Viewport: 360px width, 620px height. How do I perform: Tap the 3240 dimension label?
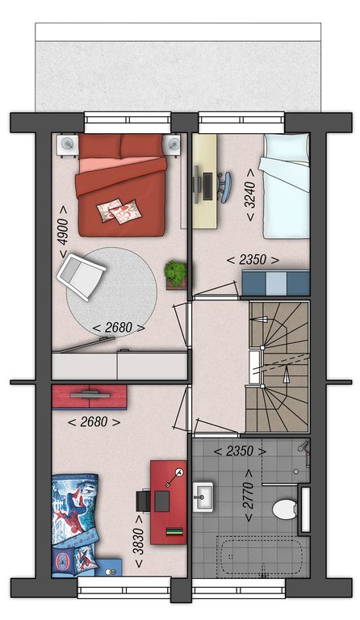(250, 195)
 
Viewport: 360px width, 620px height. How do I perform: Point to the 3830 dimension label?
(139, 542)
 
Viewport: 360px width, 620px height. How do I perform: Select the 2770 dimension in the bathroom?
(249, 496)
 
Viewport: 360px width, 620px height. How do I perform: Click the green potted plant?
(176, 273)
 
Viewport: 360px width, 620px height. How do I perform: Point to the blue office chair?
(224, 186)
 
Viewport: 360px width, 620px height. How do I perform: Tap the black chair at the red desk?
(143, 501)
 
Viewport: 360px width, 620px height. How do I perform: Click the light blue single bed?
(286, 186)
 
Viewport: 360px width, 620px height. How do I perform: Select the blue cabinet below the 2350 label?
(275, 283)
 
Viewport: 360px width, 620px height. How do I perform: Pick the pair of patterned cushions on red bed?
(119, 211)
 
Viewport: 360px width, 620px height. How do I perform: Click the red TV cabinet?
(90, 397)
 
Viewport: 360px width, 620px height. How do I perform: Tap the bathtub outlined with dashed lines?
(260, 555)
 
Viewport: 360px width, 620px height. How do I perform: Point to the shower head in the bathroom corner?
(303, 446)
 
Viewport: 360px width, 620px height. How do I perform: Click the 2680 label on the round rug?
(118, 328)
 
